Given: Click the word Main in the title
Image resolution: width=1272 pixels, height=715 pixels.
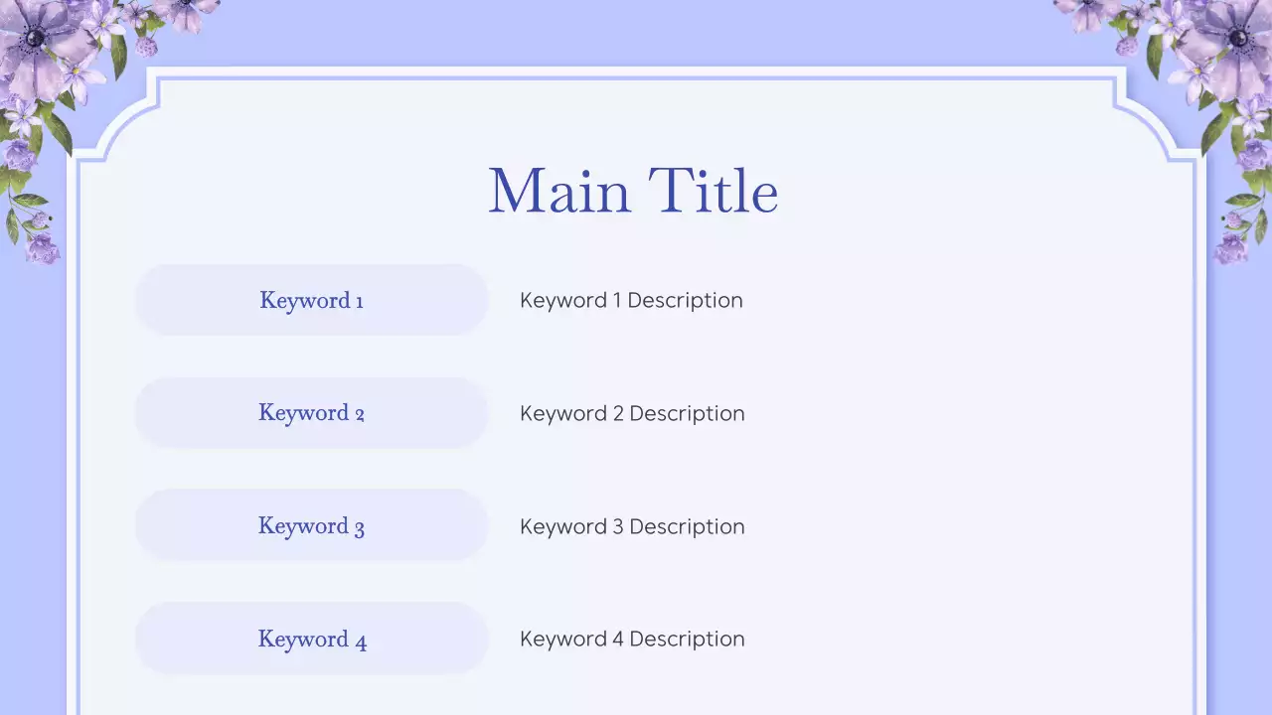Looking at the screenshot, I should pos(559,191).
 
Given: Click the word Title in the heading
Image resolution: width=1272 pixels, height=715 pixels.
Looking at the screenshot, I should pos(713,191).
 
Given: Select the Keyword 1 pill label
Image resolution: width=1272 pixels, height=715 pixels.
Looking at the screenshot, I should pos(311,300).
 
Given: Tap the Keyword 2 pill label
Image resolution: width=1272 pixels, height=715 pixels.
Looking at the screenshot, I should pos(311,413).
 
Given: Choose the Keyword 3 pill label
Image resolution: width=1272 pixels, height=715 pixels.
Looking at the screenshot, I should pos(311,526).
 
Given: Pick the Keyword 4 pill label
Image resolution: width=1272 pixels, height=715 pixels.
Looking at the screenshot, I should pos(311,640).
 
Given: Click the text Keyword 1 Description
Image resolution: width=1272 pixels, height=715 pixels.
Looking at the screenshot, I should pos(631,300).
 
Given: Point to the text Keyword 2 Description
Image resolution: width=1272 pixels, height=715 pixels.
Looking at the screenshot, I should pos(632,413).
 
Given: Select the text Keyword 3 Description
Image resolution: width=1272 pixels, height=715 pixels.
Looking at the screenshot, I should pos(632,526).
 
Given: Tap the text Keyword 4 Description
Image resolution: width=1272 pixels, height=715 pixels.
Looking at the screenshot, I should pos(632,639).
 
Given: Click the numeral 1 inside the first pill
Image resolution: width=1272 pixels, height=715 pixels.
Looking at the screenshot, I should pos(359,301).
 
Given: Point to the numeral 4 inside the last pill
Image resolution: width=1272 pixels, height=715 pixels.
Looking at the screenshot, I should pos(361,642).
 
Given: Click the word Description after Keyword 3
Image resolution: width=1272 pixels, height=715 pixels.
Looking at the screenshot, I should pos(687,526).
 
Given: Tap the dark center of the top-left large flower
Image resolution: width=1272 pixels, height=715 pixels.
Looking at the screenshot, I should pos(36,38).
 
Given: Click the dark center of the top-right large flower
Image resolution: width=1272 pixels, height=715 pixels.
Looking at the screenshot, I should pos(1237,39).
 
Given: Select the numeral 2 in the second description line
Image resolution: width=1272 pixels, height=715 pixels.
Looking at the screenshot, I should pos(618,413).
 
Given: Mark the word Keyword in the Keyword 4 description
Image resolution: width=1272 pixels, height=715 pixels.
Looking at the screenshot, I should pos(563,639).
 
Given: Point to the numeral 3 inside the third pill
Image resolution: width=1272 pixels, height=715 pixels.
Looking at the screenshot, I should pos(359,528).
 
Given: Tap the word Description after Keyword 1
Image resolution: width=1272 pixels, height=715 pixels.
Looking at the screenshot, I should pos(685,300).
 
